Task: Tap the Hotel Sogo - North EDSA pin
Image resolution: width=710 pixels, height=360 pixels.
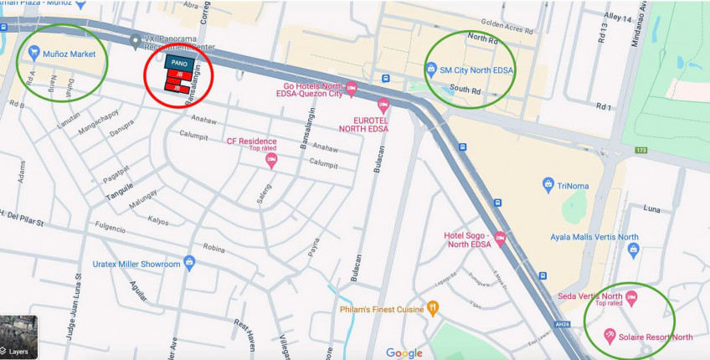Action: coord(500,238)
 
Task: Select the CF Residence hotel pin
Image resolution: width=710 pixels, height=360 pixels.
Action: coord(271,159)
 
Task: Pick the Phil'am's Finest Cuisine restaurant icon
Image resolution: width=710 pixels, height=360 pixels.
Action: coord(433,308)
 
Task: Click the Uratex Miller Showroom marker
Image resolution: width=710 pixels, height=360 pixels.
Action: coord(189,264)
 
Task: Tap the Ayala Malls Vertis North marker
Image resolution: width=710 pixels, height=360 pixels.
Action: coord(632,248)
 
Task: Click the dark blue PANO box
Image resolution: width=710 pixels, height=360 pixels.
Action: coord(179,63)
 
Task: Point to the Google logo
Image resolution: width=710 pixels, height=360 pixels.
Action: coord(404,352)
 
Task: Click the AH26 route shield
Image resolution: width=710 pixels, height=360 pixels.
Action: coord(562,323)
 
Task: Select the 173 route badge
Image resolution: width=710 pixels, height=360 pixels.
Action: coord(641,150)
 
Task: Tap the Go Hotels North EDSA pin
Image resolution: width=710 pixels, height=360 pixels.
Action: coord(352,86)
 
